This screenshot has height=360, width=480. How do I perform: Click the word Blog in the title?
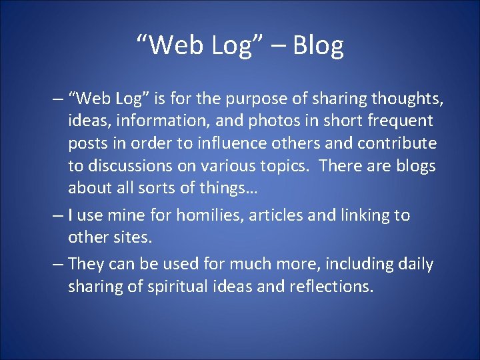tap(318, 46)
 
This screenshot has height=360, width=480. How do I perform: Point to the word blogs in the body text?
tap(414, 166)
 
